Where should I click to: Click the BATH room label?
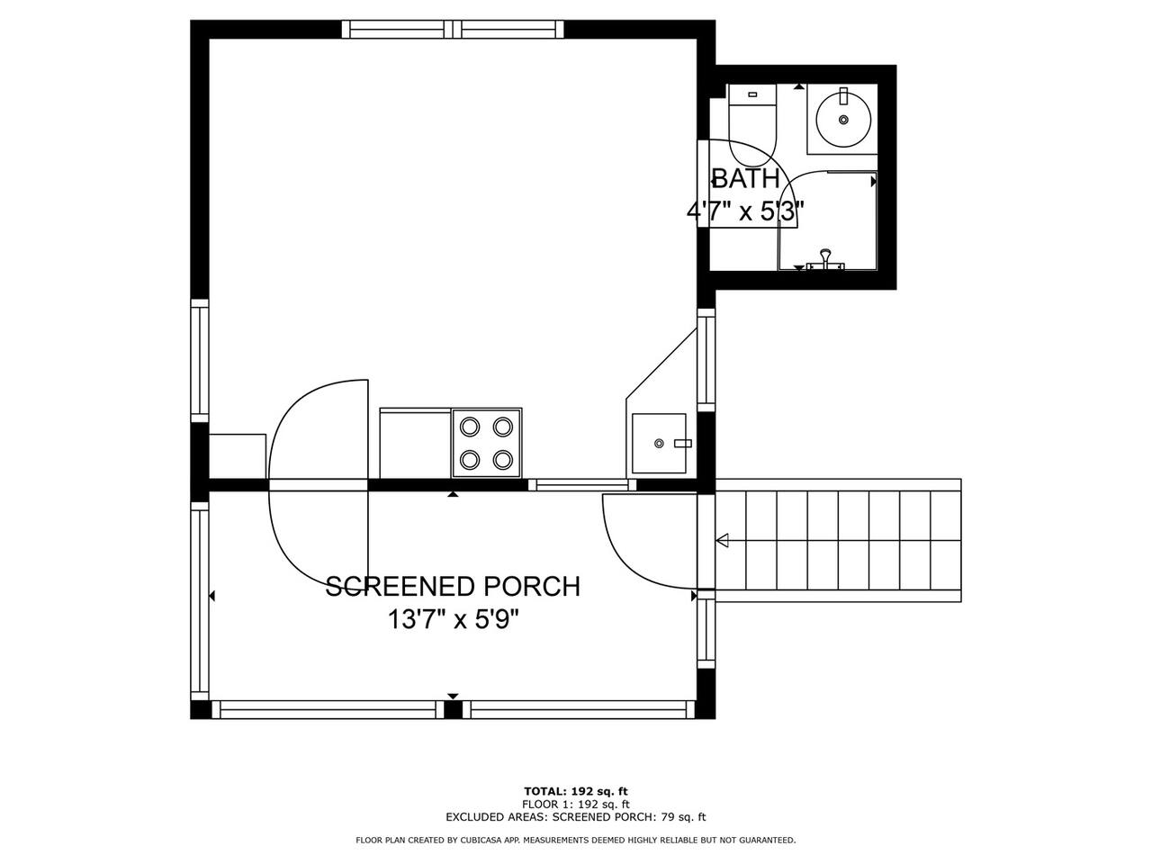[x=745, y=178]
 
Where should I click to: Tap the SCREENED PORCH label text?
[x=453, y=587]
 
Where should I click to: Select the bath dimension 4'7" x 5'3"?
[x=745, y=211]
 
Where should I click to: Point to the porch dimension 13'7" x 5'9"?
[x=453, y=620]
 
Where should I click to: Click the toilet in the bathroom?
[x=752, y=125]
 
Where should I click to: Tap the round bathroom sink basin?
[x=843, y=120]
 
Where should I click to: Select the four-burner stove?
[x=487, y=444]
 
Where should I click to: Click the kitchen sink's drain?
[x=659, y=444]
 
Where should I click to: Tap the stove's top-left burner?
[x=470, y=427]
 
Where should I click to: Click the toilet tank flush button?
[x=752, y=94]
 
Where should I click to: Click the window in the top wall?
[x=453, y=30]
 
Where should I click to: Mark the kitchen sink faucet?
[x=683, y=444]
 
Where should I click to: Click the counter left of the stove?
[x=415, y=444]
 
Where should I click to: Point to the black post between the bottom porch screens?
[x=453, y=709]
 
